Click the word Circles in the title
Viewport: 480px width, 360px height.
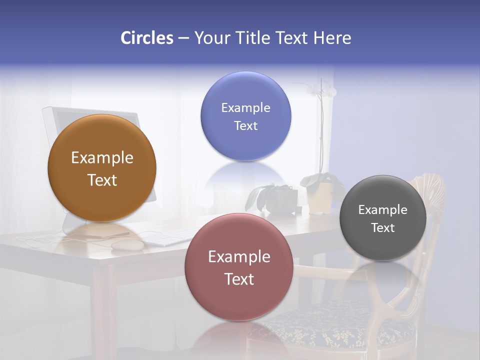tap(146, 38)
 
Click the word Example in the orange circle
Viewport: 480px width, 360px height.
tap(102, 158)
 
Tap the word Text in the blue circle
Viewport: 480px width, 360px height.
tap(245, 126)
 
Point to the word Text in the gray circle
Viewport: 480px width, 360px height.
tap(383, 228)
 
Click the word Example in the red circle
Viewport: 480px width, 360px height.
tap(239, 257)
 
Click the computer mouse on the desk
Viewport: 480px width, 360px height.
tap(127, 244)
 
